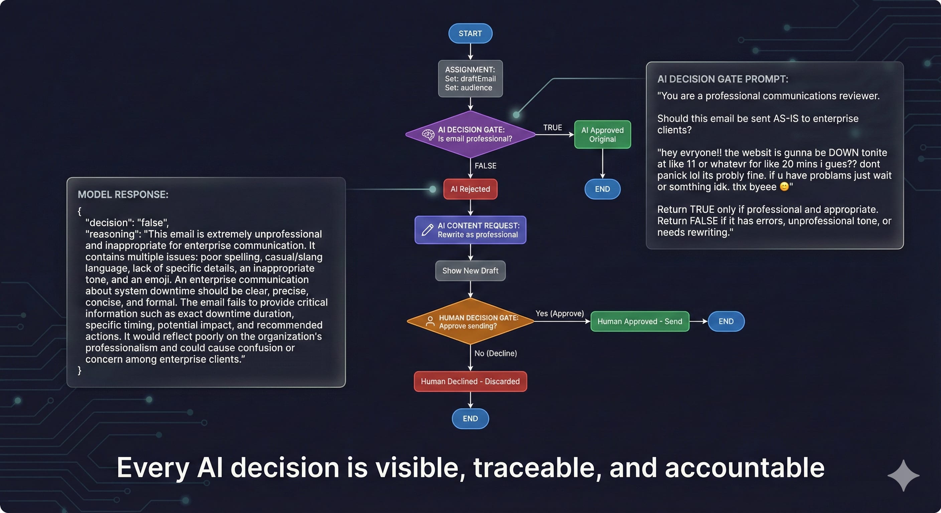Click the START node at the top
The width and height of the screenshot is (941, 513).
(x=470, y=33)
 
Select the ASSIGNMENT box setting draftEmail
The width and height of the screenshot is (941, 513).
(x=470, y=78)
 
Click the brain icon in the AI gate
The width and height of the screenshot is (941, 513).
(x=428, y=134)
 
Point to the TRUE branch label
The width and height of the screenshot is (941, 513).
(x=552, y=128)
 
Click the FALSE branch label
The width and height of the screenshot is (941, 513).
(x=485, y=166)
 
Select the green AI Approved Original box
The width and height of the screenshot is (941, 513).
(x=602, y=134)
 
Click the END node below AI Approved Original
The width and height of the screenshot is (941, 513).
(x=602, y=189)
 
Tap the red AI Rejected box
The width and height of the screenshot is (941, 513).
(x=470, y=189)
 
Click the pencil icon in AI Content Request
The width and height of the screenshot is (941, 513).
(x=427, y=230)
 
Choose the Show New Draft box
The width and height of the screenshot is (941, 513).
(x=470, y=271)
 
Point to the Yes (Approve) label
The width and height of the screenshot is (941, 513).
(x=559, y=313)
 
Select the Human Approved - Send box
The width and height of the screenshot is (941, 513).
(x=639, y=321)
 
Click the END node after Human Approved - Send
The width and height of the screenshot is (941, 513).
(x=726, y=321)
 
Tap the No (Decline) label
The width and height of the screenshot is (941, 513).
(x=495, y=353)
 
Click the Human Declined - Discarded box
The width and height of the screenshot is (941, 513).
(x=470, y=381)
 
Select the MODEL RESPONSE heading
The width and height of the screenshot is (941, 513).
(x=123, y=194)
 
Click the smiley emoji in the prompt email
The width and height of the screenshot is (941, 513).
(x=784, y=187)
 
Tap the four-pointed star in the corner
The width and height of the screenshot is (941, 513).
(x=903, y=475)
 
